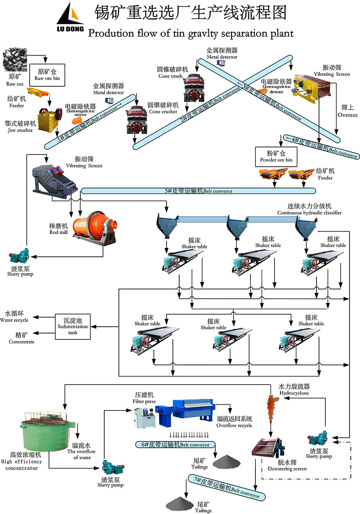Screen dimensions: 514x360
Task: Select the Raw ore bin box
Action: click(x=47, y=75)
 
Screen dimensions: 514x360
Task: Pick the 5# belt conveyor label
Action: click(x=198, y=191)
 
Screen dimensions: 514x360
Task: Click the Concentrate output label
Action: click(x=22, y=338)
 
